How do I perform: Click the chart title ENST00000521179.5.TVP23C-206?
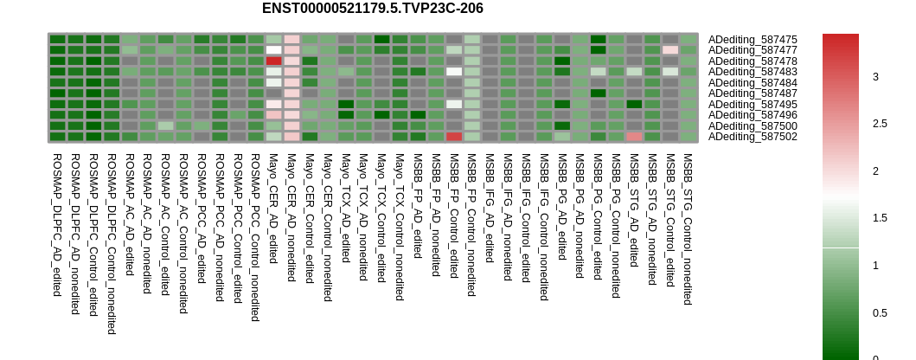point(372,9)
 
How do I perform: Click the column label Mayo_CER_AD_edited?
point(273,209)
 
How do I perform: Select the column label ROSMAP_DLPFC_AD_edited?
point(57,225)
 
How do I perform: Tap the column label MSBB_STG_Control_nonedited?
point(689,229)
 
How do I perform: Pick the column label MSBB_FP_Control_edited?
point(454,215)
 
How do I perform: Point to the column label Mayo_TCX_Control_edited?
point(381,218)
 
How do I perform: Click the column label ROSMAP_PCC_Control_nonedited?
point(255,237)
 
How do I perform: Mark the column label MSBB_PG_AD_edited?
point(562,207)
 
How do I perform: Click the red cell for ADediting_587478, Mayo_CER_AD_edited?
point(273,61)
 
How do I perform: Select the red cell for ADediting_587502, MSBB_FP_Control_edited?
point(454,137)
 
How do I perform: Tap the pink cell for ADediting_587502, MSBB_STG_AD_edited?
point(634,137)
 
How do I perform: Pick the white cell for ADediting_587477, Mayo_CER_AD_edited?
point(273,50)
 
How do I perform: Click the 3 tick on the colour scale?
point(875,76)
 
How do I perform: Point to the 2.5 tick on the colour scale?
point(879,124)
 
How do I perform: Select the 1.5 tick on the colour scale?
point(879,218)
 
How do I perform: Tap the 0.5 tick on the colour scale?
point(879,313)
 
